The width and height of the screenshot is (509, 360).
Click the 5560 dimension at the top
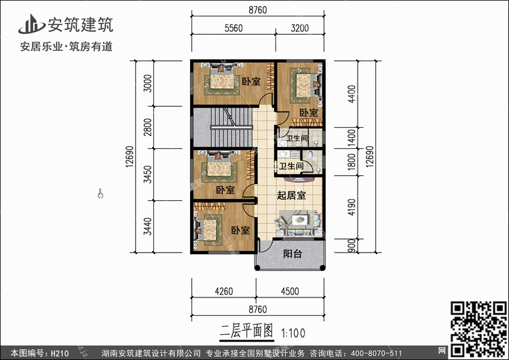coord(233,29)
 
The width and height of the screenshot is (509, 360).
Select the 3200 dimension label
coord(299,29)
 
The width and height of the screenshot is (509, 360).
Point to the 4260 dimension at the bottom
coord(224,291)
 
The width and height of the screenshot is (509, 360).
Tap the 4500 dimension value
coord(290,291)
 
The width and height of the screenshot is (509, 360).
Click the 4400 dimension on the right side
coord(352,94)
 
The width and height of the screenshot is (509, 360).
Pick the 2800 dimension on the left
coord(147,127)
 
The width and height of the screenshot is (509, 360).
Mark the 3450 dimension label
coord(147,175)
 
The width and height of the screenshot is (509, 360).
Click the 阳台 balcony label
coord(293,253)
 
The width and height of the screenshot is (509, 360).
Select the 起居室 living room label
coord(291,195)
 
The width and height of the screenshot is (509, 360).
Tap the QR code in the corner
coord(478,329)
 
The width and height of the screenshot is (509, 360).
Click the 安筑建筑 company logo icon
coord(31,24)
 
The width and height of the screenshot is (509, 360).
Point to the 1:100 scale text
coord(293,333)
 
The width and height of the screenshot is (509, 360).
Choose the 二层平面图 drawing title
coord(247,331)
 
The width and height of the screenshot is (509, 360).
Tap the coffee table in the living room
coord(299,220)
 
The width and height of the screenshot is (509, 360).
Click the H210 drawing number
coord(60,353)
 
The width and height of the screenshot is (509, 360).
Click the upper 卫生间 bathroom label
coord(297,138)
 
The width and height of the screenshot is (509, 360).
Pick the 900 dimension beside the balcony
coord(352,246)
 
